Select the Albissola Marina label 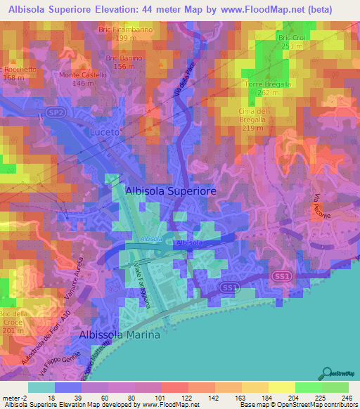click(x=120, y=335)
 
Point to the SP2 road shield click(x=57, y=112)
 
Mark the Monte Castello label click(x=83, y=75)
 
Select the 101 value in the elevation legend click(x=174, y=398)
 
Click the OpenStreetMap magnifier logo click(x=327, y=373)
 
